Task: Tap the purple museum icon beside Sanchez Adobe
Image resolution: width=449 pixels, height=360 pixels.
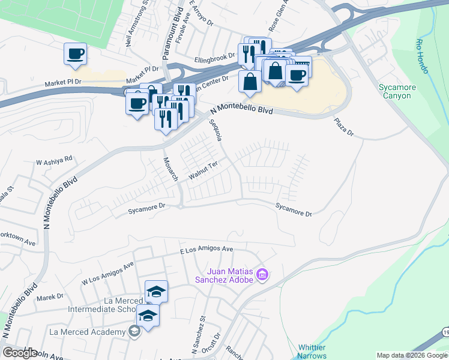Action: [x=262, y=275]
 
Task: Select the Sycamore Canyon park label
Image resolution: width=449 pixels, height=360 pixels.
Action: [x=397, y=91]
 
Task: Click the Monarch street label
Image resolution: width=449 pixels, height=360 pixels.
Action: [x=171, y=169]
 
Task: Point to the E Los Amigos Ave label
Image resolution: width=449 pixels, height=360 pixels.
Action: [x=206, y=248]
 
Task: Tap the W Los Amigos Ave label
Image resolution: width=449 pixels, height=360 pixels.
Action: [x=107, y=273]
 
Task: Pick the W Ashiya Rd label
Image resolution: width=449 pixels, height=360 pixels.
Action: [x=54, y=161]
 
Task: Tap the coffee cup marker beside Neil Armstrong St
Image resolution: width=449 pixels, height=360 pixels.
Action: [x=76, y=54]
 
